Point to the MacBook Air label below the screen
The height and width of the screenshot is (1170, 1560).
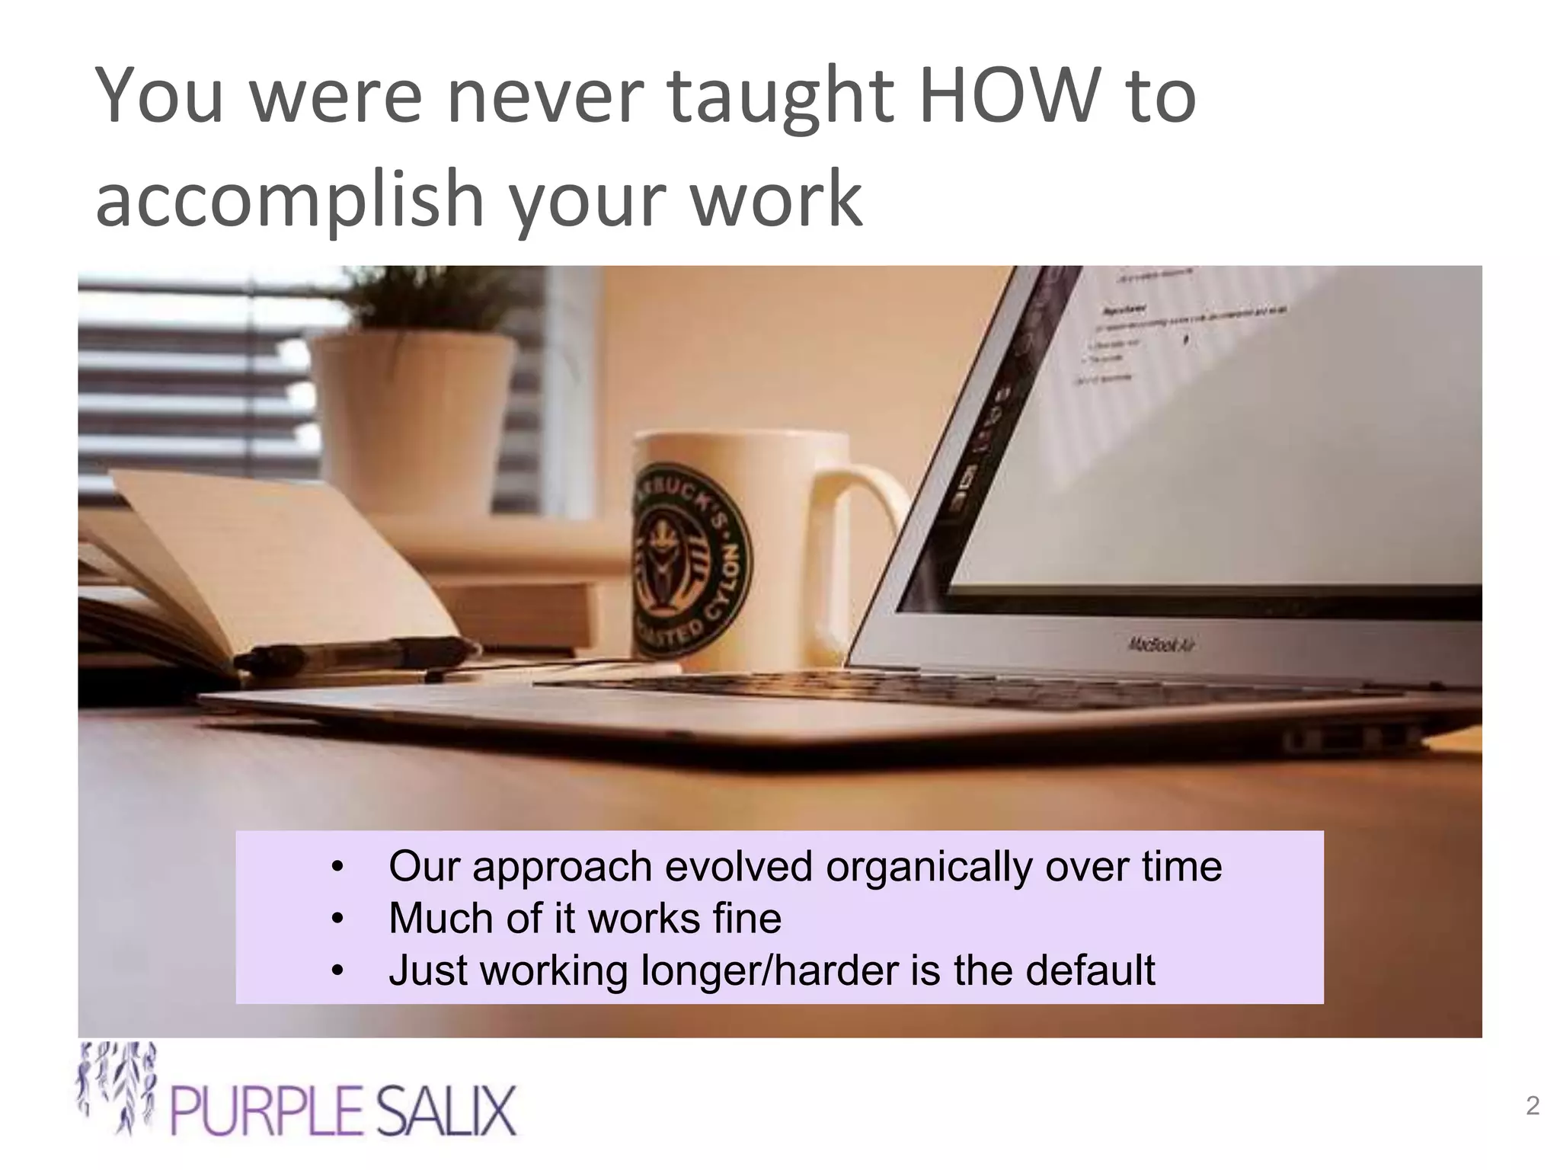1161,645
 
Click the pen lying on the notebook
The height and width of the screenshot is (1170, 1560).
358,654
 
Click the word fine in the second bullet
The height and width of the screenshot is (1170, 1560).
746,918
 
